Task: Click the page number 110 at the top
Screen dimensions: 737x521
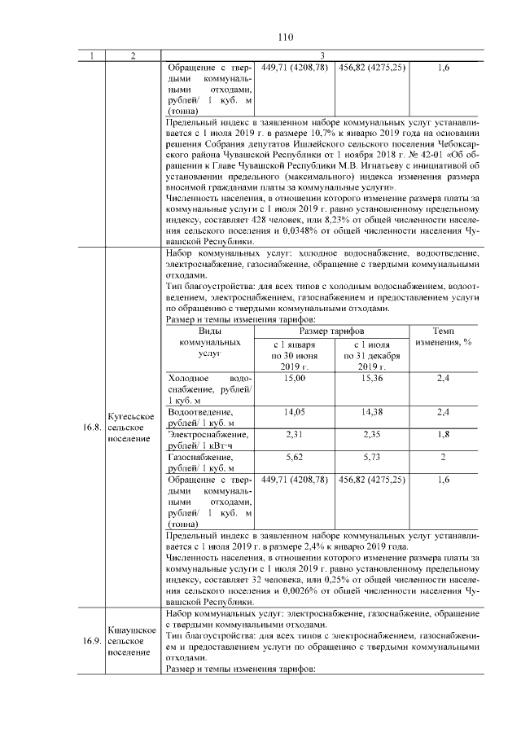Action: pyautogui.click(x=285, y=37)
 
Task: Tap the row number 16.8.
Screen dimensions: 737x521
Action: pyautogui.click(x=90, y=428)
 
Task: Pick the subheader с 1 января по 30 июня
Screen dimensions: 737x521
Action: pyautogui.click(x=293, y=358)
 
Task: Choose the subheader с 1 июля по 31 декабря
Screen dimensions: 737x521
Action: pyautogui.click(x=371, y=358)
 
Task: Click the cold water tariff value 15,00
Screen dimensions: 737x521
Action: pyautogui.click(x=293, y=379)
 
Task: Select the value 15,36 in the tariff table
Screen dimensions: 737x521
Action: pyautogui.click(x=371, y=379)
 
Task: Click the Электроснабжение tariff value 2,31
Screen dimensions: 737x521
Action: pyautogui.click(x=293, y=435)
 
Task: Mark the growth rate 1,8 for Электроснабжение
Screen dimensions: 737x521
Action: pyautogui.click(x=443, y=435)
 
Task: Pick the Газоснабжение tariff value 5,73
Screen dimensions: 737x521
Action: pyautogui.click(x=371, y=458)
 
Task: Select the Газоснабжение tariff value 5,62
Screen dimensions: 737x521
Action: pyautogui.click(x=293, y=458)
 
